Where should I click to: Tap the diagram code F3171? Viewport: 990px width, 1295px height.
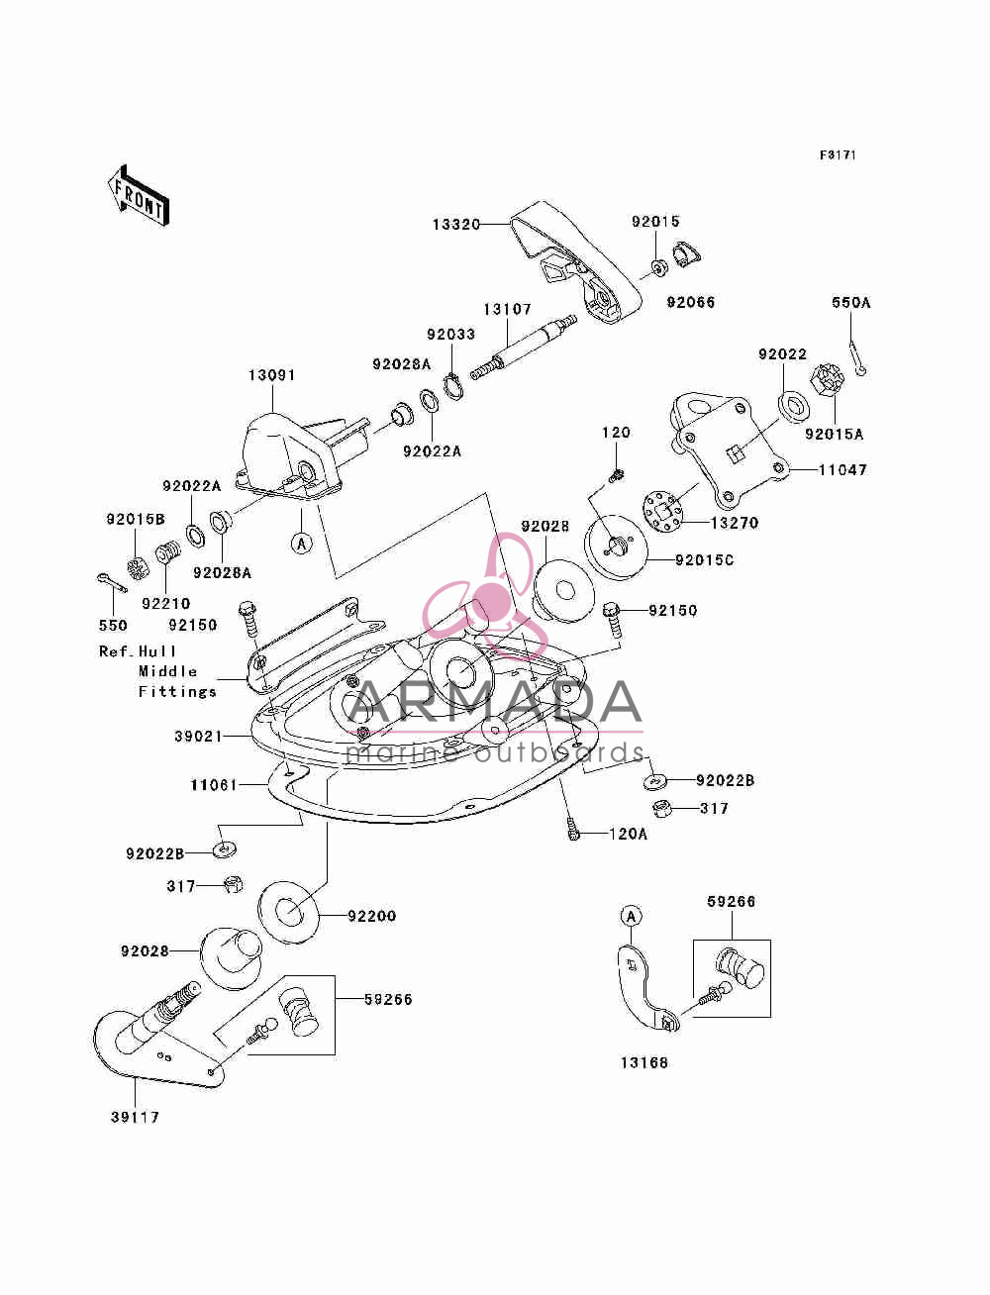(838, 155)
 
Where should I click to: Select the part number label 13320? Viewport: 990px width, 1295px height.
(456, 225)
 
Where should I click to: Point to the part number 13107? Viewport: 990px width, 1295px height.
(508, 309)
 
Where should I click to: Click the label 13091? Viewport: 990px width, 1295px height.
(271, 375)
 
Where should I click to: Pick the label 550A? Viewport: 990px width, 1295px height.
(851, 303)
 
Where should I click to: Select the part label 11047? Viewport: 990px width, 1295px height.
(843, 470)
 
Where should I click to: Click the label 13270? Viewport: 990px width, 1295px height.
(735, 523)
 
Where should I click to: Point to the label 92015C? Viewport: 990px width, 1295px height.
(705, 560)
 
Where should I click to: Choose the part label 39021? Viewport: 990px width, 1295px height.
(198, 737)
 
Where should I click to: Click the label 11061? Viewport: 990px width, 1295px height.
(214, 785)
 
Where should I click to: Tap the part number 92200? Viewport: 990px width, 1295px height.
(371, 916)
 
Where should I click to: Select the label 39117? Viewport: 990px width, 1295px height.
(135, 1118)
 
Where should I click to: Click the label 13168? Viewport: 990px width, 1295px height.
(644, 1062)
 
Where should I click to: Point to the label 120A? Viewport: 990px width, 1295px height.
(628, 835)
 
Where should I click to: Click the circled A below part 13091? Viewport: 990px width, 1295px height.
(302, 544)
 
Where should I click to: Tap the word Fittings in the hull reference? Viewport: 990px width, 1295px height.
(177, 691)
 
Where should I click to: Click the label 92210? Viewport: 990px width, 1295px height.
(165, 604)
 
